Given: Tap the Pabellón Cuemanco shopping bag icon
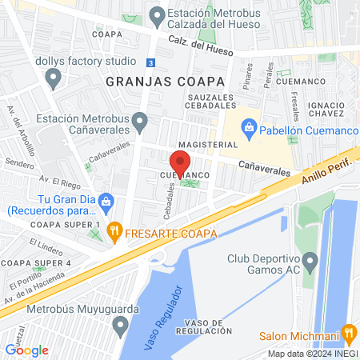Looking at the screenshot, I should point(250,126).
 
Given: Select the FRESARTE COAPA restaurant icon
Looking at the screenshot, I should point(115,233).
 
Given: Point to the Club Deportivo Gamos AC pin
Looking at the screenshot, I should point(310,261).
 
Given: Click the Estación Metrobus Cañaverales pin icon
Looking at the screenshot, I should point(141,122).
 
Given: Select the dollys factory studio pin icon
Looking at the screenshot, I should point(54,78).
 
